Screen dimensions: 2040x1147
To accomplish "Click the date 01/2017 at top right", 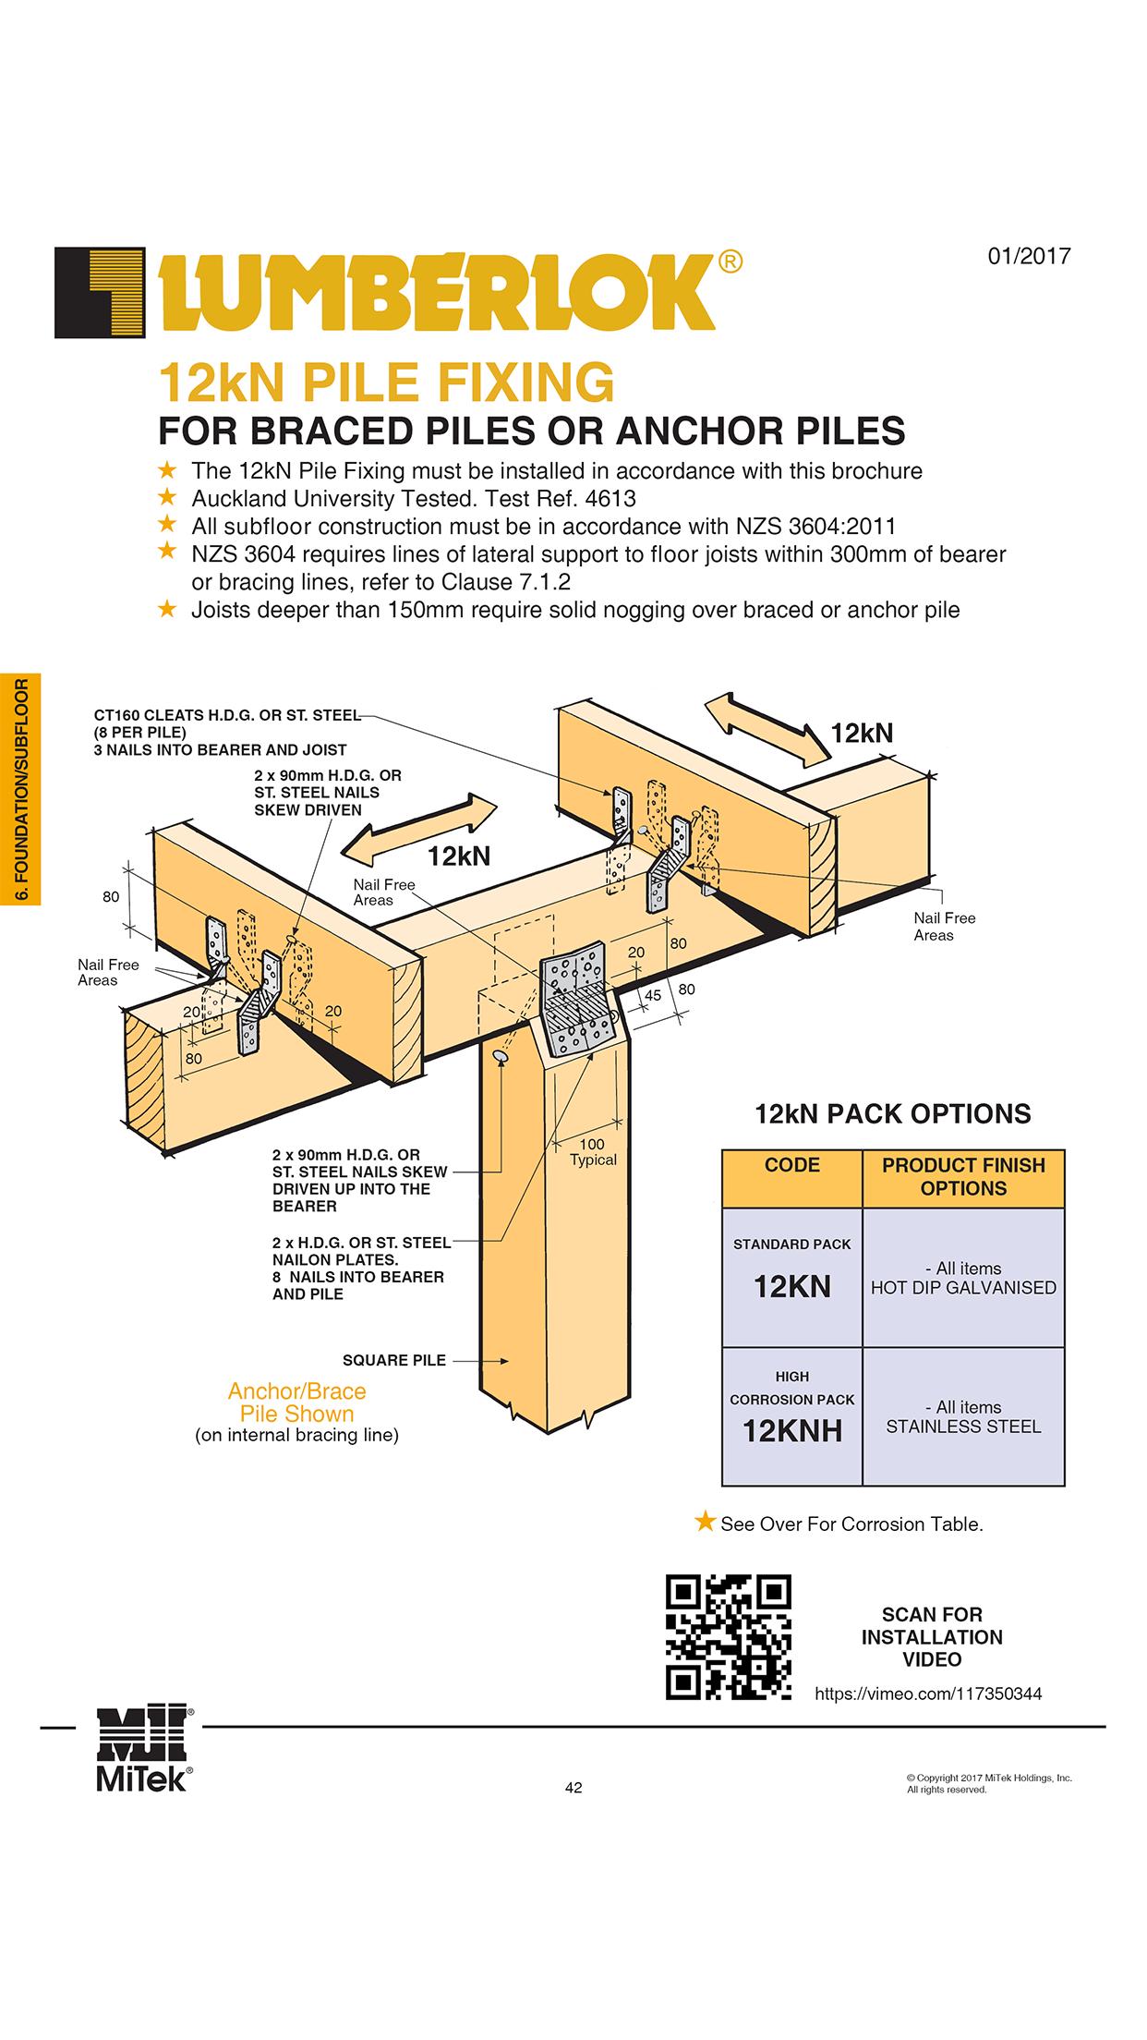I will (x=1029, y=256).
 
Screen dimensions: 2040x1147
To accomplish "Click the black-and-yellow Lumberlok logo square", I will (x=100, y=293).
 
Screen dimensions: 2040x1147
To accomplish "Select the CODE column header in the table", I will (x=791, y=1165).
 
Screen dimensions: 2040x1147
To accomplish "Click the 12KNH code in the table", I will (x=791, y=1431).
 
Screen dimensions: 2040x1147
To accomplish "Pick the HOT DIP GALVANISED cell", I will (x=963, y=1278).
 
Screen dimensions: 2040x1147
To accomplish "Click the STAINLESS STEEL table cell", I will (x=963, y=1416).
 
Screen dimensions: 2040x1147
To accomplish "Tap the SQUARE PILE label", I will (x=393, y=1360).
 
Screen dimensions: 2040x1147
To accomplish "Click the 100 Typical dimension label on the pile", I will (x=592, y=1152).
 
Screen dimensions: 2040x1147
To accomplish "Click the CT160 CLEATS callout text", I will (x=226, y=715).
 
